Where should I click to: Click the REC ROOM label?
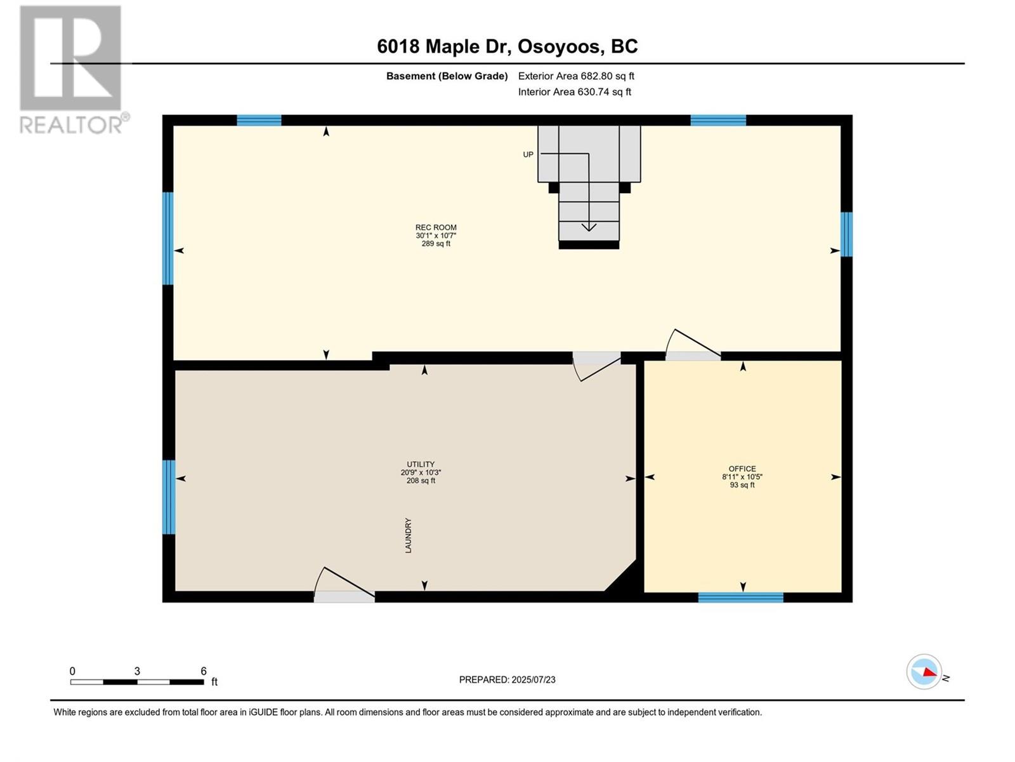(x=436, y=227)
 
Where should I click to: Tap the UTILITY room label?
(x=421, y=464)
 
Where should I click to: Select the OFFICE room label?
(x=742, y=469)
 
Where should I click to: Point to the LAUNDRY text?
(x=408, y=535)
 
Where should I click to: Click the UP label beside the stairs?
(x=528, y=154)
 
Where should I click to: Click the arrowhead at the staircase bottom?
(x=589, y=227)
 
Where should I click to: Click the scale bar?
(x=137, y=681)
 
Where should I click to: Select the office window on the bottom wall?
(x=740, y=598)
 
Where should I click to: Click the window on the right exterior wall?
(x=846, y=234)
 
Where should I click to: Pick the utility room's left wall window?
(x=169, y=497)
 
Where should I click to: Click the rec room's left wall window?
(x=168, y=238)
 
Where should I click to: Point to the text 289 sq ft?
(x=436, y=244)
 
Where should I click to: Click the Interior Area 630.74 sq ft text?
(x=574, y=92)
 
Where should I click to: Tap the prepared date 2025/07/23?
(x=533, y=679)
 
